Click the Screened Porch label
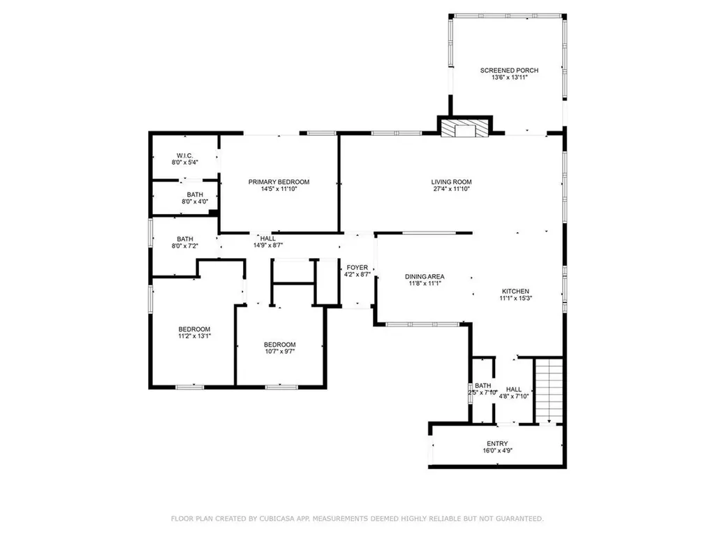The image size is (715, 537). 509,71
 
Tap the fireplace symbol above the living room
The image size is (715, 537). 464,129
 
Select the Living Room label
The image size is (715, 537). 452,182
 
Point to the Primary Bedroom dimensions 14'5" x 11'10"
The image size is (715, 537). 279,189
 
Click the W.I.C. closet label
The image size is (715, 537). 184,156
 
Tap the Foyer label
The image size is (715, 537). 357,268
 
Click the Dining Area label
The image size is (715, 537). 425,276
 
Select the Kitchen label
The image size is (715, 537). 515,292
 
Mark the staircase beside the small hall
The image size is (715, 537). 549,392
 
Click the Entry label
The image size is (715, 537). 497,443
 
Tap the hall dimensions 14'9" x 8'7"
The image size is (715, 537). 268,245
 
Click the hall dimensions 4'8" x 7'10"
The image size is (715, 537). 513,396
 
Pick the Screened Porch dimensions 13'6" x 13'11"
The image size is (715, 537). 509,78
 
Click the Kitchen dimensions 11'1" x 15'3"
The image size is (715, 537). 516,298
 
